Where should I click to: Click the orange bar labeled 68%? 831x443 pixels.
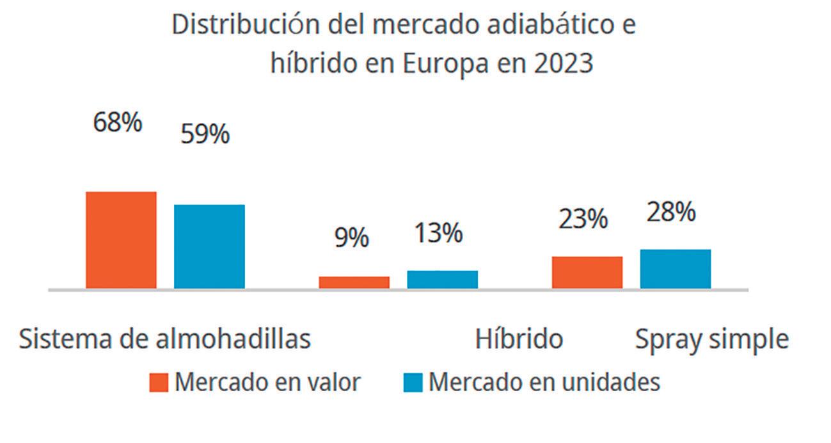click(x=121, y=239)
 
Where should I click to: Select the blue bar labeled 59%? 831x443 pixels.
click(x=209, y=246)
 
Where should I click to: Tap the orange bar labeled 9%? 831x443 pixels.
click(x=354, y=282)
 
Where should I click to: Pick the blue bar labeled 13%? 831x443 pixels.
click(x=442, y=279)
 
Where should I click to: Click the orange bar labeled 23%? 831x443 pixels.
click(x=587, y=272)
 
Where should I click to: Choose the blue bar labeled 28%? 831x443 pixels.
click(x=675, y=268)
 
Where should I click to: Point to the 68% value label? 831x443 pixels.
click(x=118, y=123)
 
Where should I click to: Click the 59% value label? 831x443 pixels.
click(x=205, y=134)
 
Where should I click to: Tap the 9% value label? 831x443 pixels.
click(x=352, y=238)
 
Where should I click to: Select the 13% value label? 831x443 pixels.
click(x=438, y=234)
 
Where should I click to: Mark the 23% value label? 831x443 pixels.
click(x=583, y=220)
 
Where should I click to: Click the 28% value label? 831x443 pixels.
click(x=671, y=213)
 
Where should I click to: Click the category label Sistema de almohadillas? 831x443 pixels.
click(x=164, y=339)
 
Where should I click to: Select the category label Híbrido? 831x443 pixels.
click(x=519, y=339)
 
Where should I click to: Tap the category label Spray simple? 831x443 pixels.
click(x=711, y=340)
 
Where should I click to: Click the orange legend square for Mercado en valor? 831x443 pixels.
click(x=158, y=383)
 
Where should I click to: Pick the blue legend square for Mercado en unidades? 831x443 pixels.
click(x=413, y=383)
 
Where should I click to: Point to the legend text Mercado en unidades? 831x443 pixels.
click(x=544, y=382)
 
